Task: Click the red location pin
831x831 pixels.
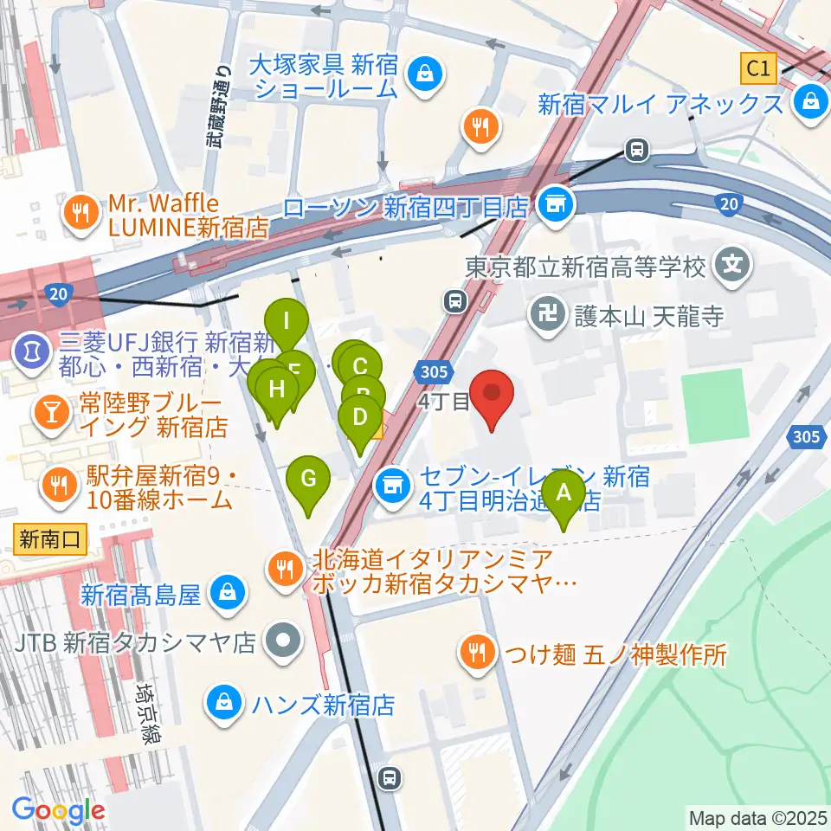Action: [x=493, y=395]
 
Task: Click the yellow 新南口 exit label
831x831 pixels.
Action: [x=49, y=540]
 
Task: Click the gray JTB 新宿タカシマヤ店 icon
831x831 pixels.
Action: [x=282, y=641]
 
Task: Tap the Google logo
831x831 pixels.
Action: [x=58, y=811]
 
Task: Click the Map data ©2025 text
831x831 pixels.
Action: [x=755, y=817]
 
